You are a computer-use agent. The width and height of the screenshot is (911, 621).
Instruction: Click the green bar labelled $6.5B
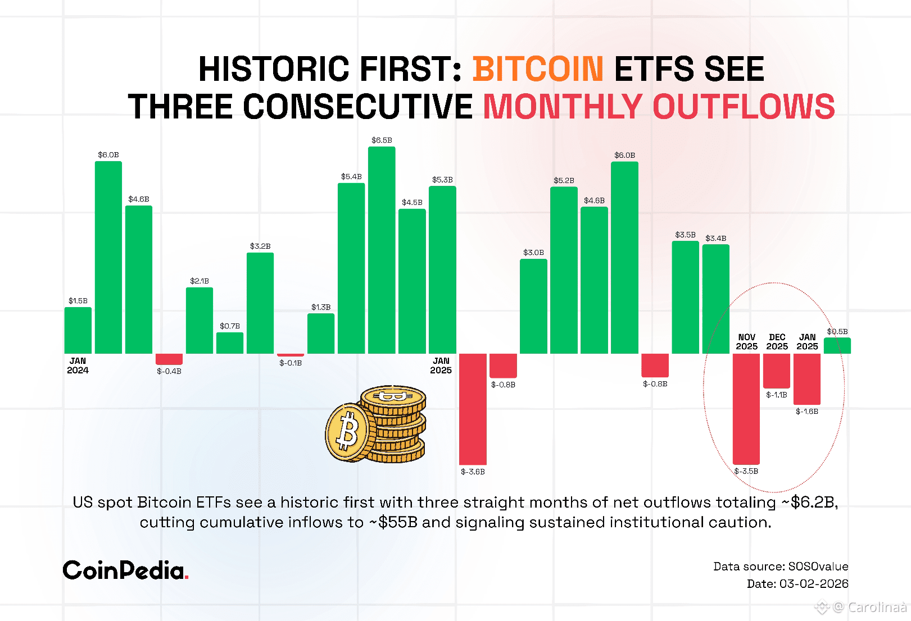382,250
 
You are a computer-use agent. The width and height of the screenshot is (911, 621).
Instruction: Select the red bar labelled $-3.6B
473,409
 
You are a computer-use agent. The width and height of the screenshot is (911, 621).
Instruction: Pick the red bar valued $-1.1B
777,371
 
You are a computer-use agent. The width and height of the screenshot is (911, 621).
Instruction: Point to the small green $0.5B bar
837,345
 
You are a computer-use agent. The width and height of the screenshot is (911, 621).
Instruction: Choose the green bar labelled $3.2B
260,303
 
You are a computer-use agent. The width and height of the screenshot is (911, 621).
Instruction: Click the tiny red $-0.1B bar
291,355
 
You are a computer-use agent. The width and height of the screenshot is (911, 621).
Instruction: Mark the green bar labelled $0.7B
230,343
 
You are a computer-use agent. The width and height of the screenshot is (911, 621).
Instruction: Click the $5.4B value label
351,176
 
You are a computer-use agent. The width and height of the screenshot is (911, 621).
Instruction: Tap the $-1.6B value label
807,412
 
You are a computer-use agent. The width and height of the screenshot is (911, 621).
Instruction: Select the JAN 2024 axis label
78,366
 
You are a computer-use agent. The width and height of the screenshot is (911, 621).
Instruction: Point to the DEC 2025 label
777,342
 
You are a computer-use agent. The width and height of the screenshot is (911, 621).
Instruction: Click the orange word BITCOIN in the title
538,69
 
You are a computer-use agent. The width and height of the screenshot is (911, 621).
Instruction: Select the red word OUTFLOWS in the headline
744,107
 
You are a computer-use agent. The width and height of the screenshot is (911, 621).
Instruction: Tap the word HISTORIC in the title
274,69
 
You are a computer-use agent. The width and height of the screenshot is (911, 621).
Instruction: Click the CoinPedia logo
125,570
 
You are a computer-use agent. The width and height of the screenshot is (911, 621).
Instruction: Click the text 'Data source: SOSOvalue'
781,566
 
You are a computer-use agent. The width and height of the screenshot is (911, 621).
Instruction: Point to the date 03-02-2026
813,583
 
